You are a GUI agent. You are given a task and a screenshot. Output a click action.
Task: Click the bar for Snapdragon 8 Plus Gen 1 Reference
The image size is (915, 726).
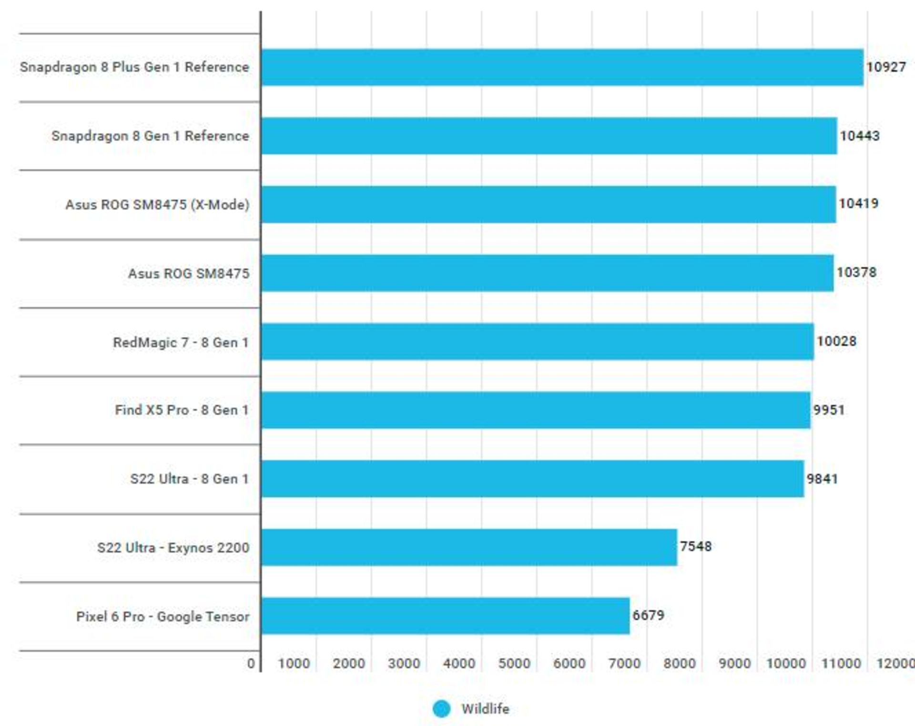click(562, 67)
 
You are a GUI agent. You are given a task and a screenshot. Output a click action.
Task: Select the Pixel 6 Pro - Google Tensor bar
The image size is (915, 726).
click(446, 616)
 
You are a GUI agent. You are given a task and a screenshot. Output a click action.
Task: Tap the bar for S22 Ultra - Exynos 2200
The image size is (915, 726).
click(469, 547)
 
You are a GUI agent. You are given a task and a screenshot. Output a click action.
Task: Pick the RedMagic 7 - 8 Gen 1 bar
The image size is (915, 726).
click(538, 342)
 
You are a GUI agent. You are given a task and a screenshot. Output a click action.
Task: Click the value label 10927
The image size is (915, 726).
click(886, 67)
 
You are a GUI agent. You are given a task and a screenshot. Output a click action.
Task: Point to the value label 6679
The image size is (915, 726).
click(648, 615)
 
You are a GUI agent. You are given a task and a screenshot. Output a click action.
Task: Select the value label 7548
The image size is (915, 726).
click(696, 546)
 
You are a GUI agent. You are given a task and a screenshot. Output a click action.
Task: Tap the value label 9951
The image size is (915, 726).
click(829, 410)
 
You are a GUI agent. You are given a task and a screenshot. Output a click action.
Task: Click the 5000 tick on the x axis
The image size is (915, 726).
click(514, 663)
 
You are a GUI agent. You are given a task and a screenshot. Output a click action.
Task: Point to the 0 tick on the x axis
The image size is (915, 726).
click(251, 663)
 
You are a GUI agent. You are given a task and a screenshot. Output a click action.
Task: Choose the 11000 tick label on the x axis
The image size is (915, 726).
click(841, 663)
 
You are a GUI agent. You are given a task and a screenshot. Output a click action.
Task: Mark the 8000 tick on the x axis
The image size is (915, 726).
click(680, 663)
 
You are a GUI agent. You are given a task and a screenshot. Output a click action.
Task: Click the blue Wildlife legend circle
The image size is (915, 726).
click(441, 708)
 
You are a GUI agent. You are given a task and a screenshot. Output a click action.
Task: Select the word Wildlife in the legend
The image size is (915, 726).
click(485, 709)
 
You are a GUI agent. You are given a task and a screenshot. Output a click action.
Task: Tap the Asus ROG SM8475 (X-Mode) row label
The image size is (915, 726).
click(157, 205)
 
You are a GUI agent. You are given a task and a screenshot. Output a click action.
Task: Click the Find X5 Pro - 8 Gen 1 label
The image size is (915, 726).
click(182, 410)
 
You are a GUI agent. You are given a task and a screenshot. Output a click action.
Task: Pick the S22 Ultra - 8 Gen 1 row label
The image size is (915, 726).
click(190, 479)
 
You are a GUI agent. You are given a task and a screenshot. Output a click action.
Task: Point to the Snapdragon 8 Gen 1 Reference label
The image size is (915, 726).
click(150, 136)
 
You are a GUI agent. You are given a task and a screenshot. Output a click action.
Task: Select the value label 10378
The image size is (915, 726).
click(856, 272)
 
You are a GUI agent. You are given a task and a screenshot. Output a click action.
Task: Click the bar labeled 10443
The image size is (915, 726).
click(549, 136)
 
